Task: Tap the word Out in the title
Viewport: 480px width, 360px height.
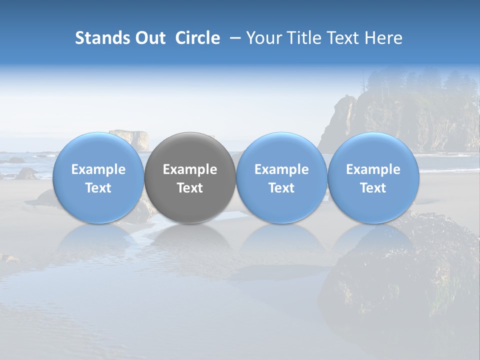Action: [149, 38]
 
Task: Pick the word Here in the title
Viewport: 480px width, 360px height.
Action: [384, 38]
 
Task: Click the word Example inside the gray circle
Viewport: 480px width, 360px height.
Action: [190, 169]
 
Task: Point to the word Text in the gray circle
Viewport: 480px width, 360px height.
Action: [190, 188]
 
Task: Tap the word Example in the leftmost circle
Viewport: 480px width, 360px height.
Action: [98, 169]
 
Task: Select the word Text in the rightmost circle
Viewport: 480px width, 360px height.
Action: [373, 188]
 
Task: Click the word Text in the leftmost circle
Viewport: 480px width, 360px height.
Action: [98, 188]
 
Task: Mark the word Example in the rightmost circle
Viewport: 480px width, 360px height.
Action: [373, 169]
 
